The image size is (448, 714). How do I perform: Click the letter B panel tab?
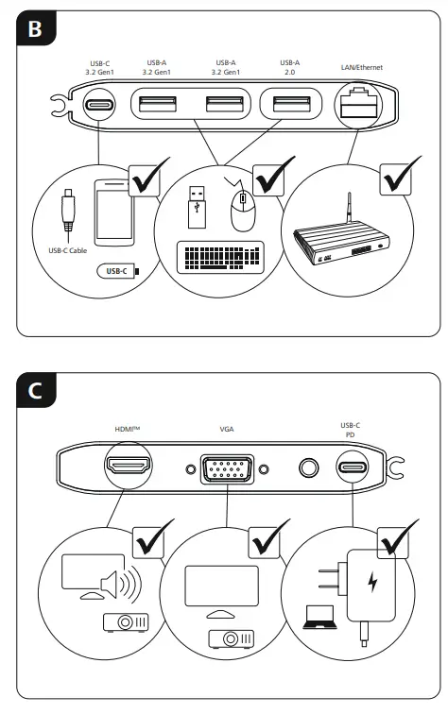pyautogui.click(x=35, y=29)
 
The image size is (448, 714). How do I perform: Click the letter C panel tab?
pyautogui.click(x=35, y=390)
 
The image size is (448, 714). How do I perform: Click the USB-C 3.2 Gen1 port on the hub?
pyautogui.click(x=97, y=105)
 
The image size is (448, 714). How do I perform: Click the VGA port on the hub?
pyautogui.click(x=227, y=467)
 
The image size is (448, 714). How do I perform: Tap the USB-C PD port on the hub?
pyautogui.click(x=352, y=467)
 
